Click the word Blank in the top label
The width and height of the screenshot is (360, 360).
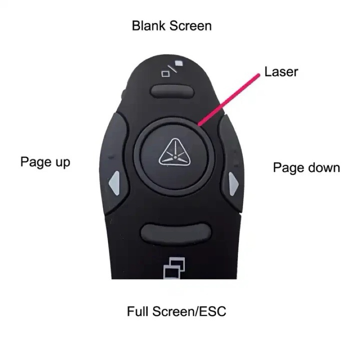pos(148,26)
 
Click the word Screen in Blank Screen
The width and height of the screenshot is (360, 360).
pos(190,26)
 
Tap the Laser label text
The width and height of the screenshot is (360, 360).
pos(281,72)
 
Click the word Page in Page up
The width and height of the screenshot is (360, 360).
pos(35,162)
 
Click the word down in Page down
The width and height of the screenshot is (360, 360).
pos(323,168)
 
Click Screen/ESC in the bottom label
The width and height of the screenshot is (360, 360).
pos(189,311)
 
